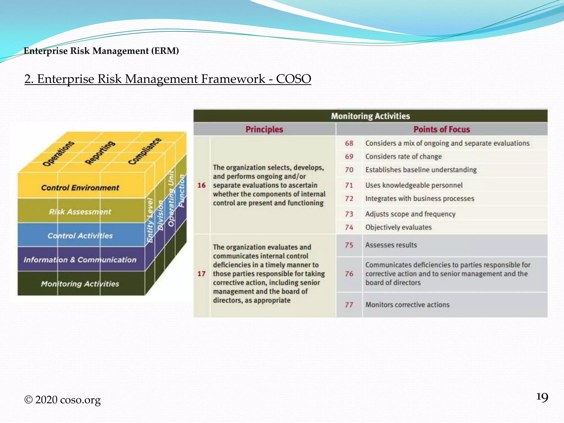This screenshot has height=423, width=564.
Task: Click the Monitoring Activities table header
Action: click(370, 116)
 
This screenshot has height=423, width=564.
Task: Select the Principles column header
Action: click(264, 129)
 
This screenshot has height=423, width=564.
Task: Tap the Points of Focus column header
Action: click(441, 129)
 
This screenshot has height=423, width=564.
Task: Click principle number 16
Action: click(202, 185)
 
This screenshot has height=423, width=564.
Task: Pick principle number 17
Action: click(202, 274)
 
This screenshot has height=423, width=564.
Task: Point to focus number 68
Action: click(349, 143)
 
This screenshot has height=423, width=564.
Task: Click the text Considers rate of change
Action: click(403, 156)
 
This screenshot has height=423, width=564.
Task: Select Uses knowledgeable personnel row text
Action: click(414, 185)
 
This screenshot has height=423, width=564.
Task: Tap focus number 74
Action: click(349, 227)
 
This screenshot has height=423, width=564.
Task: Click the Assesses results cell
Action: click(391, 245)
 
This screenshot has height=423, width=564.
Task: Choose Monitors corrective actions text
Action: click(407, 305)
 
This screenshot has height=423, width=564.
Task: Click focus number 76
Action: click(349, 274)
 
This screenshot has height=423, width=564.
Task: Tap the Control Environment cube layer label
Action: click(80, 188)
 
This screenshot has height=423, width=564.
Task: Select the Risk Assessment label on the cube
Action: click(80, 212)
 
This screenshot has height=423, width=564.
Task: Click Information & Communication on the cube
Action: click(80, 260)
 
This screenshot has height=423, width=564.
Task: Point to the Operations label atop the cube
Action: click(58, 154)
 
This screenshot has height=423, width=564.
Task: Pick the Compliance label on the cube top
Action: click(145, 151)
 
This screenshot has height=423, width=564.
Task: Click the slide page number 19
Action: click(542, 397)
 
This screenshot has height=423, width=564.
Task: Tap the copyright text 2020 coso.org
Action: click(63, 400)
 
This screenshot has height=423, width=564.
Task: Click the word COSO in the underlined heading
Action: click(293, 79)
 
